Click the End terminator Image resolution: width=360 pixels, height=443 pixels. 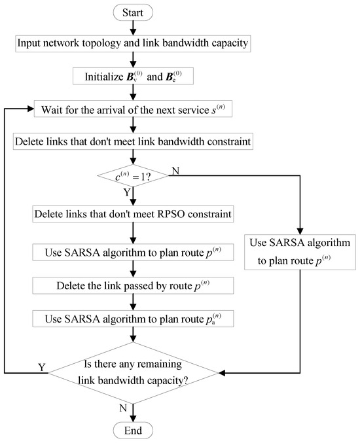pyautogui.click(x=133, y=430)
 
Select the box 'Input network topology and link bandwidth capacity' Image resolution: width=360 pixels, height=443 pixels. pyautogui.click(x=133, y=44)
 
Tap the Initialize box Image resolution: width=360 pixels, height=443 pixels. pyautogui.click(x=133, y=78)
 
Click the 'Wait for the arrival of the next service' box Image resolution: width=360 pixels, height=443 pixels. pyautogui.click(x=133, y=111)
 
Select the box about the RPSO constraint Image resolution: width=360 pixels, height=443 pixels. pyautogui.click(x=133, y=214)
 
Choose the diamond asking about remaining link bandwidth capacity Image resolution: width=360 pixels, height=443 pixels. pyautogui.click(x=133, y=374)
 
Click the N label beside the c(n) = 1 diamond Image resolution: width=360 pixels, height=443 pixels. pyautogui.click(x=176, y=171)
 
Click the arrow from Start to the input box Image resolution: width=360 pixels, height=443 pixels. pyautogui.click(x=133, y=27)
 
